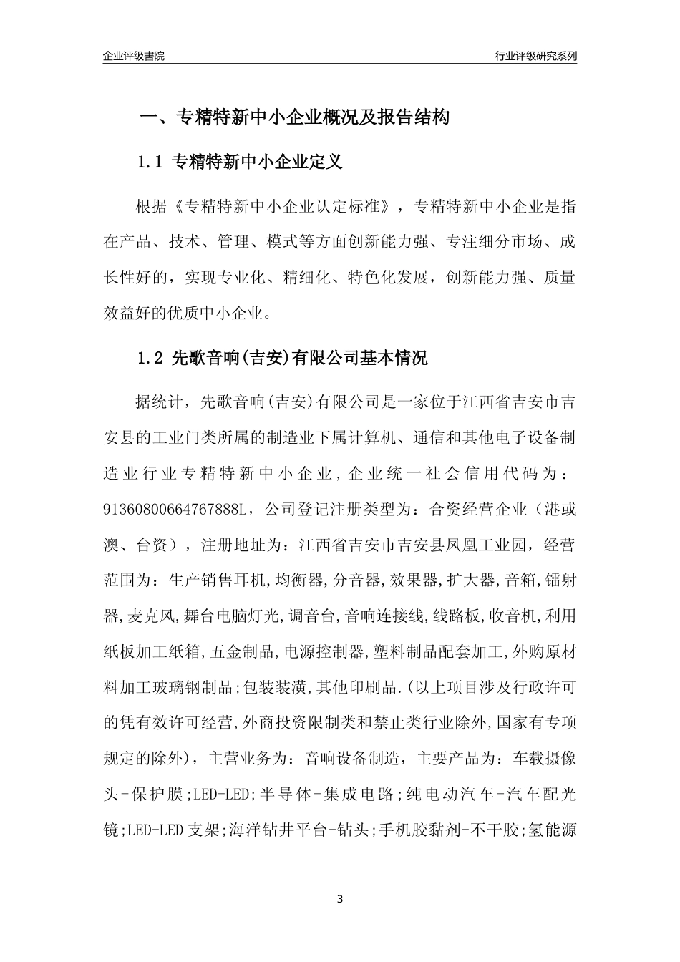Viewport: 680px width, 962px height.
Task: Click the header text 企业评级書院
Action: [134, 56]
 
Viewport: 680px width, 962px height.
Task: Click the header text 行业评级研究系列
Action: [535, 56]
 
